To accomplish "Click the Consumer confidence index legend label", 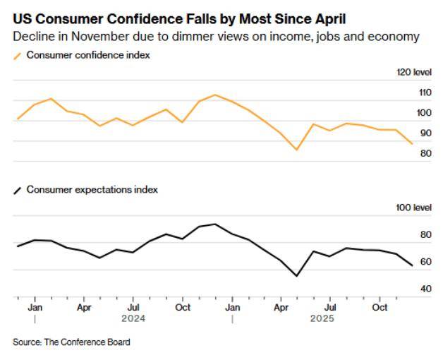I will tap(88, 54).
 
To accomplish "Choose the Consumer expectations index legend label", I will tap(92, 189).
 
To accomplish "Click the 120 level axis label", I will tap(415, 72).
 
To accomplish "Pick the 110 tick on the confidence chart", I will tap(424, 92).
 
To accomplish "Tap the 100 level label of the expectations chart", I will tap(415, 208).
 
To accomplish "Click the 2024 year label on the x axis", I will tap(133, 318).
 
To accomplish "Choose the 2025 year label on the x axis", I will tap(322, 318).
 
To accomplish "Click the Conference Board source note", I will tap(71, 342).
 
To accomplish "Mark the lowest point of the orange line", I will tap(297, 150).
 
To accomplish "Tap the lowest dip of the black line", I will tap(296, 276).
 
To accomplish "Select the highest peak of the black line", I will tap(215, 224).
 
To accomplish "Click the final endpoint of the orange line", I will tap(413, 143).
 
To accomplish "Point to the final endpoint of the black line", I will tap(413, 265).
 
